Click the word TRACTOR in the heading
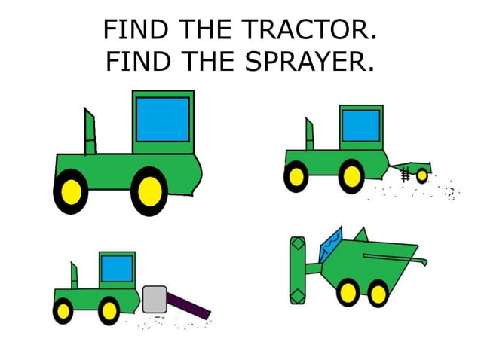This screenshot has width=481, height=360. (309, 31)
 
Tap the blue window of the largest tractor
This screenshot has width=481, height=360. (163, 119)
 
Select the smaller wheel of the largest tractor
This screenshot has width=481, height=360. (71, 191)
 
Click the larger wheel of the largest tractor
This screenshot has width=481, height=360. (149, 191)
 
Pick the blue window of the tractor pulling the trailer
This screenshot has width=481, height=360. (360, 127)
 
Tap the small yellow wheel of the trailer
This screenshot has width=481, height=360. (421, 175)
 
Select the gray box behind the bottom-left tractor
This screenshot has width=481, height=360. (154, 300)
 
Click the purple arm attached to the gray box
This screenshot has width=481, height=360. (188, 306)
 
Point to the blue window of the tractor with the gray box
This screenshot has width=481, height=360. (117, 268)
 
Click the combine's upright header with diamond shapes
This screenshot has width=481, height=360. (296, 270)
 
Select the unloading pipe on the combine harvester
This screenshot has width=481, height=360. (396, 258)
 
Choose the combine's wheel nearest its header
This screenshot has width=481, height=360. (348, 291)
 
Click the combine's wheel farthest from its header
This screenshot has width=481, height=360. (377, 292)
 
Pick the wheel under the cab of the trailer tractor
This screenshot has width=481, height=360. (350, 177)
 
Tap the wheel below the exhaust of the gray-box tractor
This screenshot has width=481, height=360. (63, 310)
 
